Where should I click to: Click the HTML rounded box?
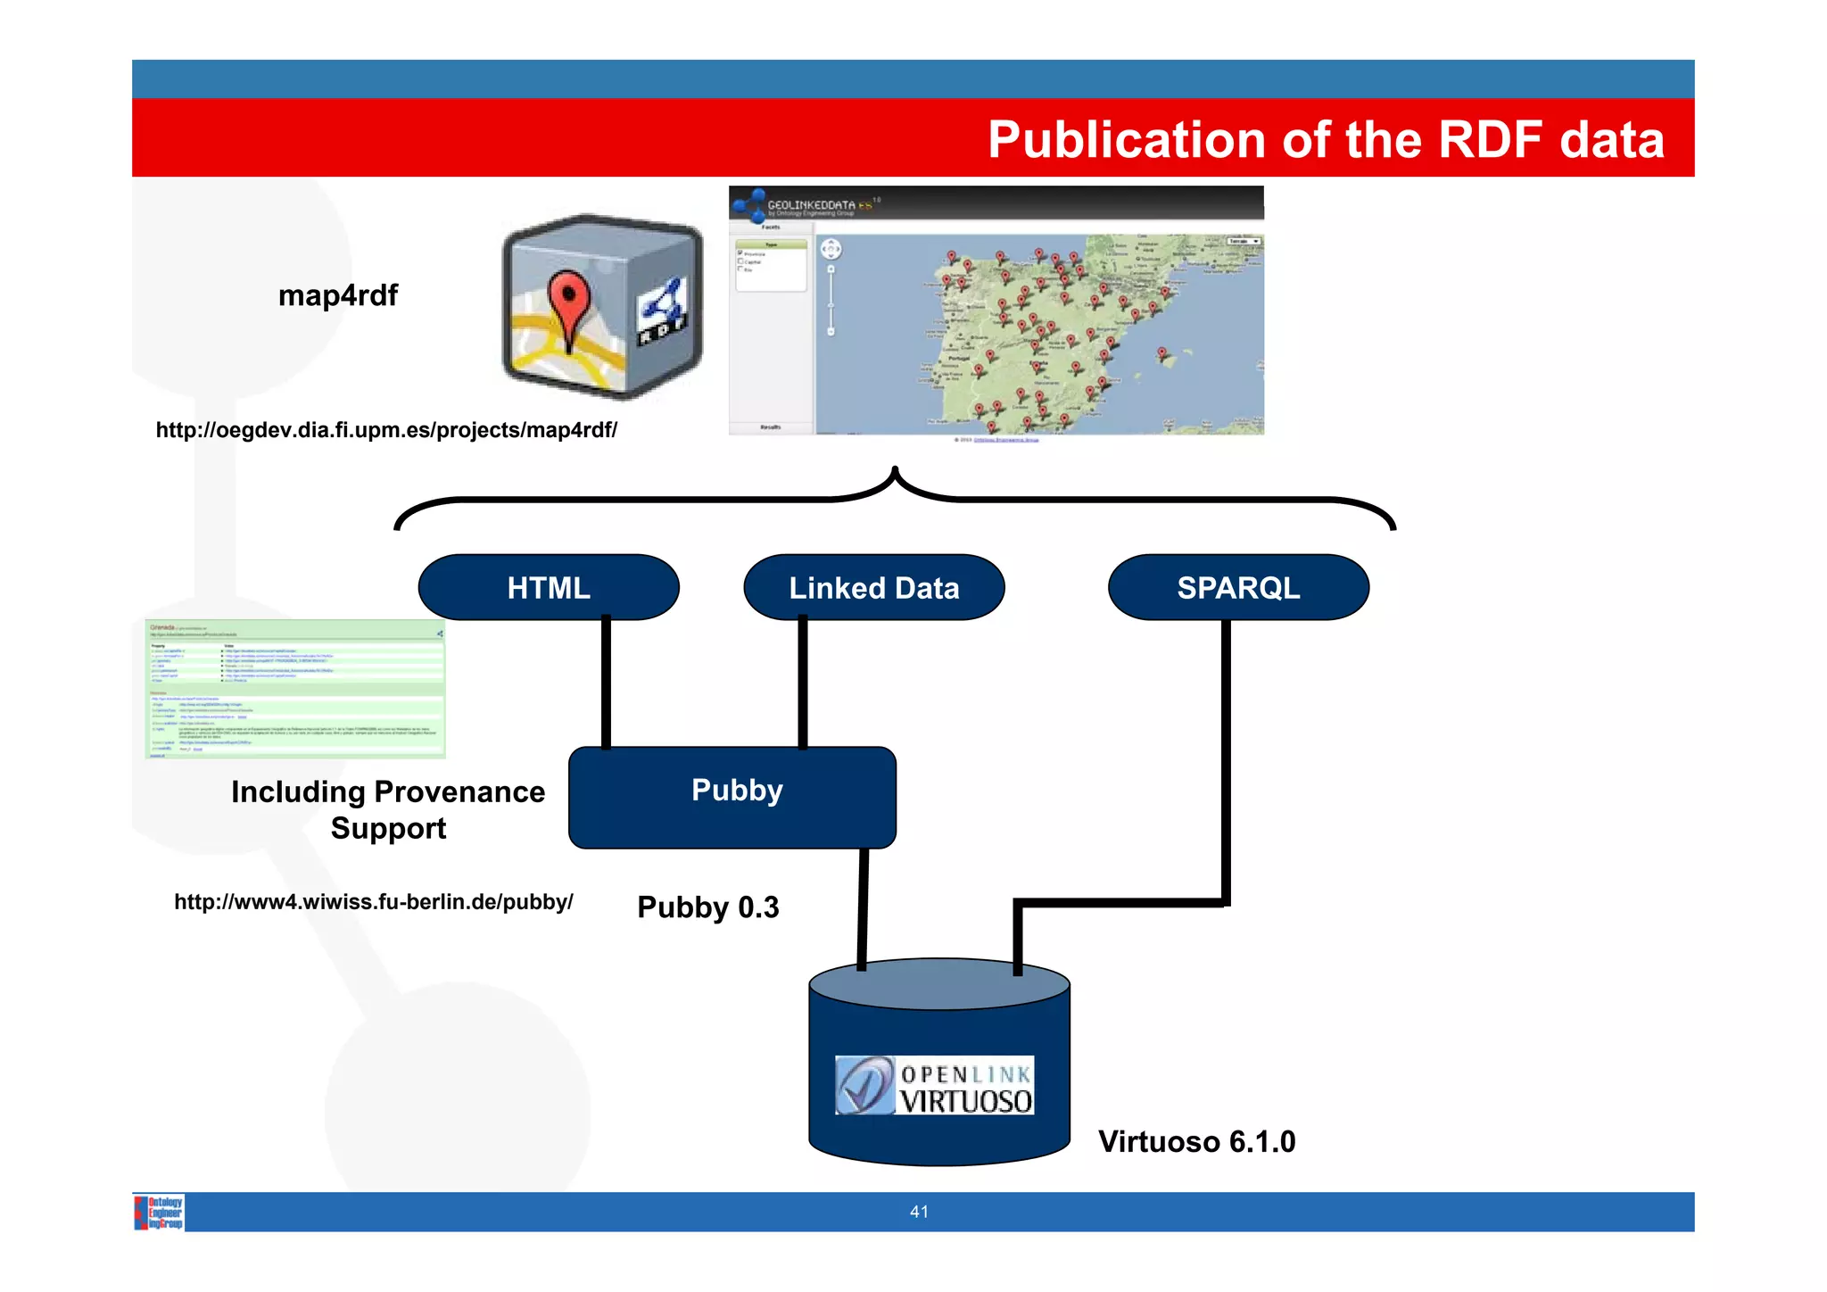pyautogui.click(x=549, y=587)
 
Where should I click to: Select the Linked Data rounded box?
pyautogui.click(x=873, y=587)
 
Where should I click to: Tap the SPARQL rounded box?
pyautogui.click(x=1237, y=587)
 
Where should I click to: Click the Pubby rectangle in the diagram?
pyautogui.click(x=732, y=797)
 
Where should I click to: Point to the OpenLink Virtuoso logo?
pyautogui.click(x=934, y=1085)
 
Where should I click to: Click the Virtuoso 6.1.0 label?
pyautogui.click(x=1195, y=1141)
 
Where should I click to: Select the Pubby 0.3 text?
pyautogui.click(x=707, y=907)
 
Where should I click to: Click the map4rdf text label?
pyautogui.click(x=337, y=294)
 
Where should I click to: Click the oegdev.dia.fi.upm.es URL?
pyautogui.click(x=386, y=430)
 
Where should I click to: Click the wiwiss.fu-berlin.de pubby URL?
pyautogui.click(x=373, y=901)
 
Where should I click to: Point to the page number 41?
pyautogui.click(x=919, y=1211)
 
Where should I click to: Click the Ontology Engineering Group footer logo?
pyautogui.click(x=160, y=1212)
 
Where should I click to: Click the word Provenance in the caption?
pyautogui.click(x=459, y=791)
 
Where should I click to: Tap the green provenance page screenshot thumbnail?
pyautogui.click(x=295, y=689)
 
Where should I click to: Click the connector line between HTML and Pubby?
pyautogui.click(x=606, y=683)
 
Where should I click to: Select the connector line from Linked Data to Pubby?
pyautogui.click(x=802, y=683)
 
